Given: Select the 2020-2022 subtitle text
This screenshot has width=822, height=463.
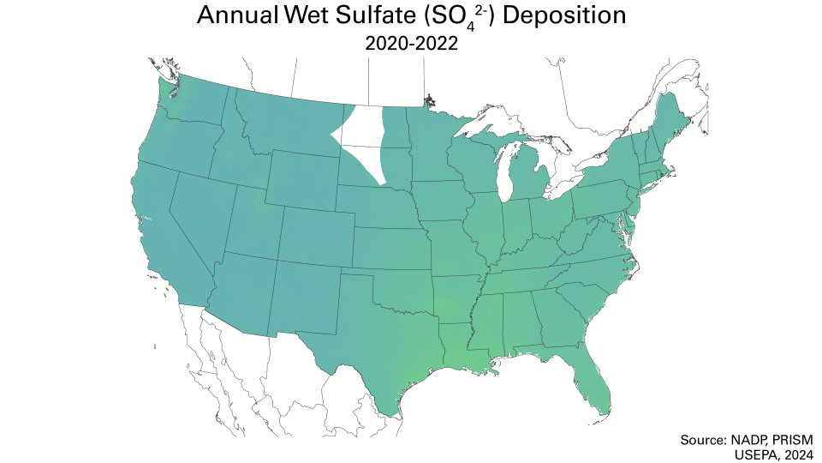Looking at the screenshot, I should [x=411, y=44].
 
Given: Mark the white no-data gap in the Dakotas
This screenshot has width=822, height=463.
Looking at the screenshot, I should [x=360, y=137].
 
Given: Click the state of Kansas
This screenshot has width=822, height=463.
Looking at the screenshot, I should [x=390, y=244].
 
